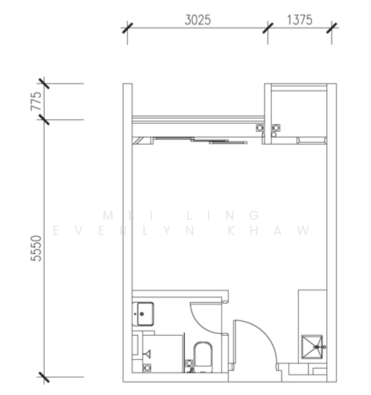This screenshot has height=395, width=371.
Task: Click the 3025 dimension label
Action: pos(197,20)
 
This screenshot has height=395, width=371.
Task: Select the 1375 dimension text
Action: pos(299,20)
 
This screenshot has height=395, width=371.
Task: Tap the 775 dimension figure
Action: pos(36,101)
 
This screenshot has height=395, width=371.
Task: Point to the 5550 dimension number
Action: pos(36,248)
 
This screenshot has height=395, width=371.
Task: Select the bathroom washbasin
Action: pos(143,314)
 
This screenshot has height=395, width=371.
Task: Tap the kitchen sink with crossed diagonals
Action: pos(312,347)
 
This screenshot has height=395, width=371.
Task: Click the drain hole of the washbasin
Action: pos(141,314)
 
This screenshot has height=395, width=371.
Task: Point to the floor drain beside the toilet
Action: pos(189,363)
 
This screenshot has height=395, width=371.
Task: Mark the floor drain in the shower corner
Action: pos(147,367)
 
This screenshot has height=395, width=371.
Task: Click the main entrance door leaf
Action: pos(235,342)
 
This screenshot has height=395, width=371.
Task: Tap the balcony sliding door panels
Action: pos(200,140)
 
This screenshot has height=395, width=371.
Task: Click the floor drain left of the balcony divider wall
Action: pos(260,128)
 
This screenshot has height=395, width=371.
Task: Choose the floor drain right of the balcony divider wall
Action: pos(276,128)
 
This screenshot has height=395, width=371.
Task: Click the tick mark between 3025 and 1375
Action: pos(268,28)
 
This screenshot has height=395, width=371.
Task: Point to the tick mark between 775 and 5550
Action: pos(44,119)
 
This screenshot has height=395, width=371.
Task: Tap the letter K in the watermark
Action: pos(231,230)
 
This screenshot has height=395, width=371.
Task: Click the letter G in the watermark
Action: pos(254,215)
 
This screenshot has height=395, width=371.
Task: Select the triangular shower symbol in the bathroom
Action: pos(147,354)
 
